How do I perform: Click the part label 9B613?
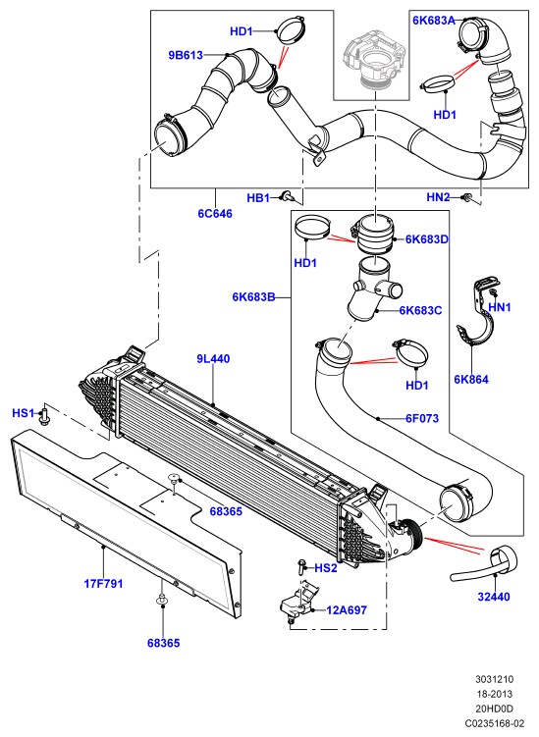pyautogui.click(x=186, y=55)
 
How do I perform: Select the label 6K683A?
pyautogui.click(x=434, y=21)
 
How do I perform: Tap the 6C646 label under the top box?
pyautogui.click(x=215, y=213)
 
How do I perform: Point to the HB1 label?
pyautogui.click(x=258, y=198)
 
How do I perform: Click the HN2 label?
pyautogui.click(x=438, y=197)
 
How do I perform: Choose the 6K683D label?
pyautogui.click(x=427, y=239)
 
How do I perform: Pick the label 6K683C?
pyautogui.click(x=420, y=310)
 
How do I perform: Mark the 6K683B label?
pyautogui.click(x=253, y=297)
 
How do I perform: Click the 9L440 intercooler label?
pyautogui.click(x=213, y=358)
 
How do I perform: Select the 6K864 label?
pyautogui.click(x=471, y=380)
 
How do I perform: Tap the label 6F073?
pyautogui.click(x=422, y=418)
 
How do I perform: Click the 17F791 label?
pyautogui.click(x=103, y=583)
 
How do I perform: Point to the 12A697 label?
pyautogui.click(x=347, y=610)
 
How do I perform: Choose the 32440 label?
pyautogui.click(x=494, y=597)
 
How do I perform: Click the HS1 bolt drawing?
pyautogui.click(x=45, y=415)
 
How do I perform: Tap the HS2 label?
pyautogui.click(x=326, y=568)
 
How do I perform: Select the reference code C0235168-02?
pyautogui.click(x=494, y=723)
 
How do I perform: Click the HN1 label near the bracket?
pyautogui.click(x=500, y=307)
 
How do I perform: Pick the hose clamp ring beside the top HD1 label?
pyautogui.click(x=291, y=30)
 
